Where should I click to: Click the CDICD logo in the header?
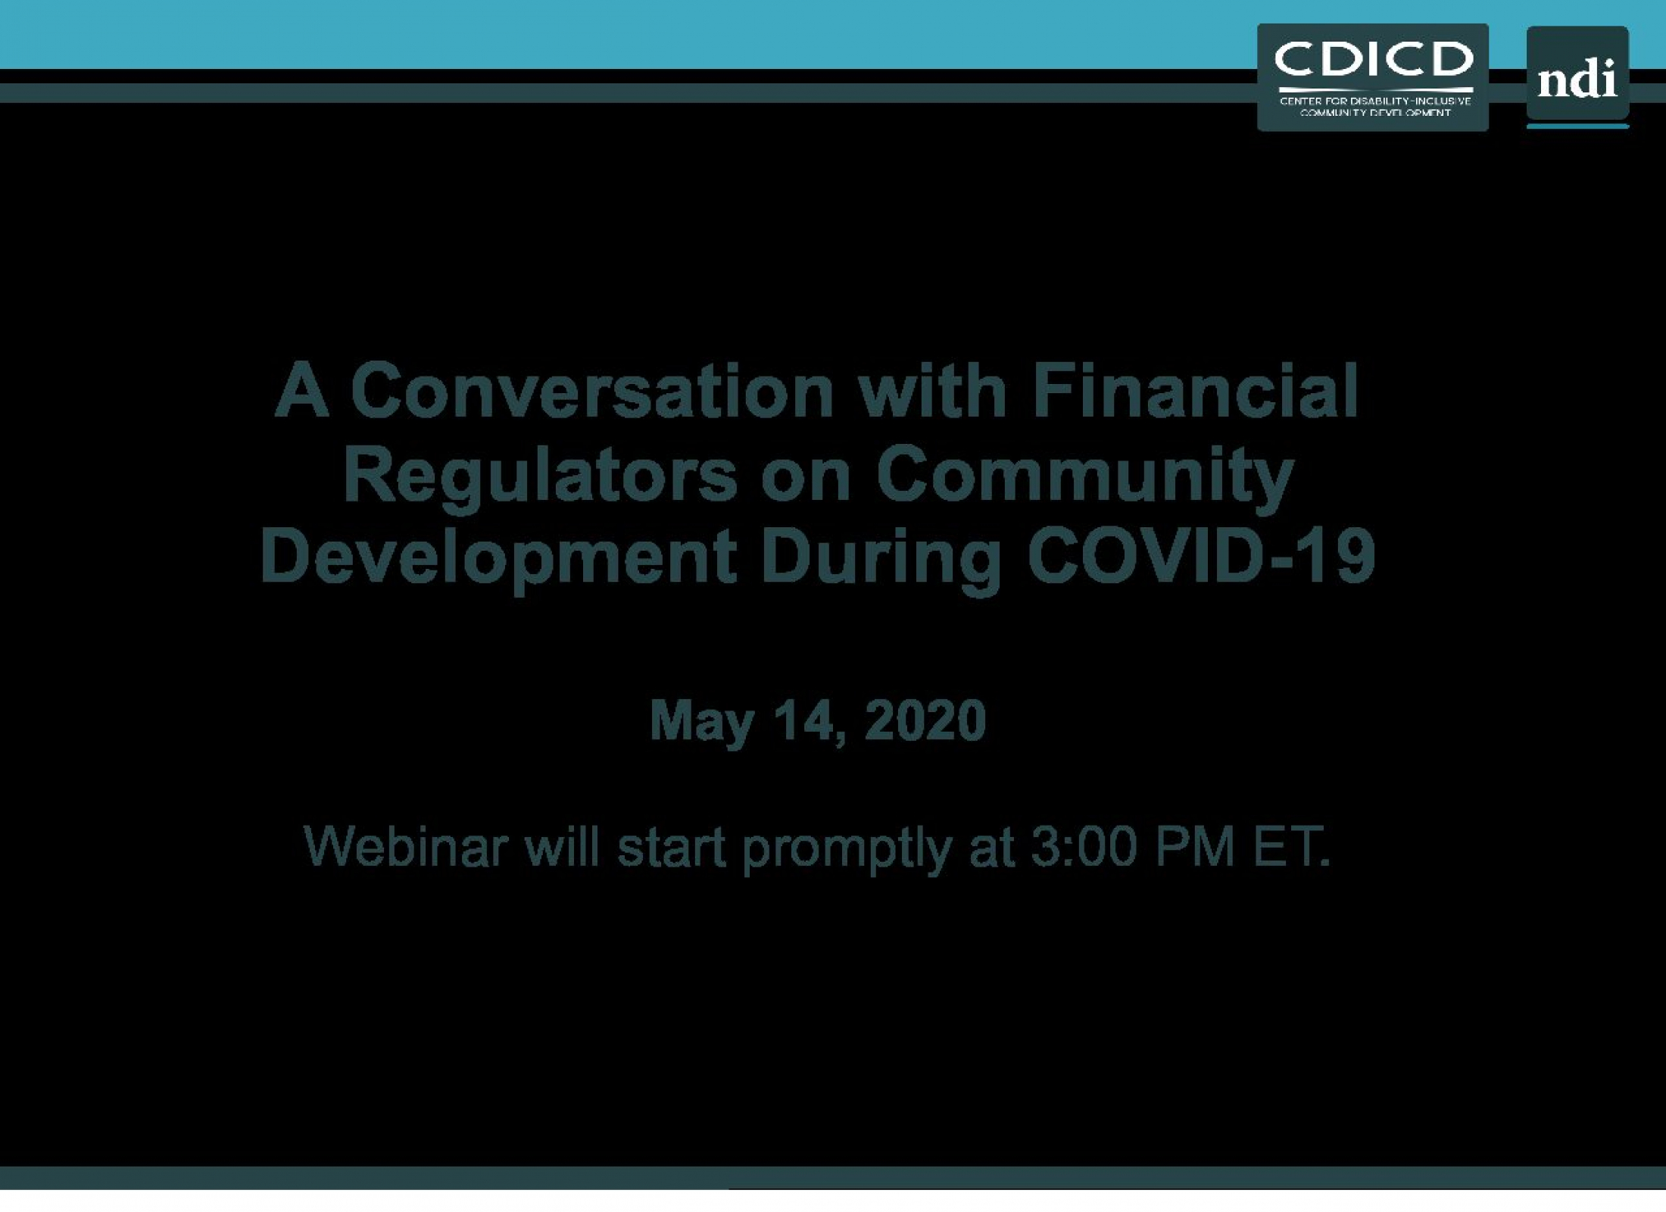coord(1372,77)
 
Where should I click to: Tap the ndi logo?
coord(1577,77)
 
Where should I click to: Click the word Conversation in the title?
coord(591,392)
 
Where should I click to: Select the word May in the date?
coord(702,722)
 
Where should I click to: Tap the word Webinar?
coord(406,846)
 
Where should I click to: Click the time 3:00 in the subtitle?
coord(1084,846)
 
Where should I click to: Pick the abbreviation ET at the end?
coord(1291,846)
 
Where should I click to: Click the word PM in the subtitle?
coord(1196,846)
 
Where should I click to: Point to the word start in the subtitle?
coord(671,847)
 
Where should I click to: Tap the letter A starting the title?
coord(302,391)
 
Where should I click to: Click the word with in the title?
coord(933,391)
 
